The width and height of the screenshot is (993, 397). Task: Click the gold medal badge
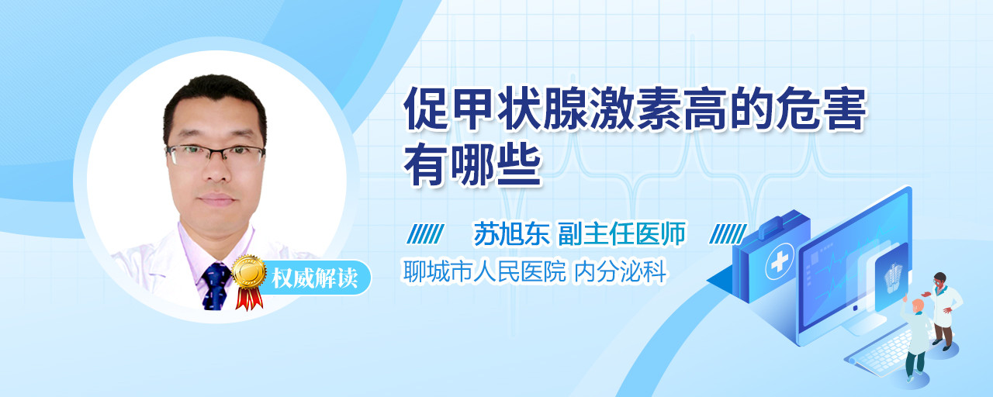[x=250, y=272]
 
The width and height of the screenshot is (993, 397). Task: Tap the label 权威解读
[x=315, y=278]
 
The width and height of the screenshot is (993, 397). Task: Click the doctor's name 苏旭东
[x=511, y=233]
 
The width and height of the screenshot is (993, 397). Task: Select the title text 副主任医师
[x=622, y=233]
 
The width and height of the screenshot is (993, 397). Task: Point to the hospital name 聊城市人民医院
[x=485, y=271]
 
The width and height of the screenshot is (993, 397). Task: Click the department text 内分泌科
[x=621, y=271]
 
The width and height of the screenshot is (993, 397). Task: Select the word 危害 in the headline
[x=821, y=109]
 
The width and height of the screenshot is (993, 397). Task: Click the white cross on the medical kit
[x=780, y=261]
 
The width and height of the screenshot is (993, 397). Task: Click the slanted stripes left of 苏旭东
[x=426, y=234]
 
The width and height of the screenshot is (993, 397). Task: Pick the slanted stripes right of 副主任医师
[x=728, y=234]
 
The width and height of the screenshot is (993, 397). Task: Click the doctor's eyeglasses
[x=216, y=154]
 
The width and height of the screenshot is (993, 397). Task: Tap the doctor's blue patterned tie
[x=216, y=286]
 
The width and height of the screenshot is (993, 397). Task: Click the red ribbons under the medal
[x=249, y=298]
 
